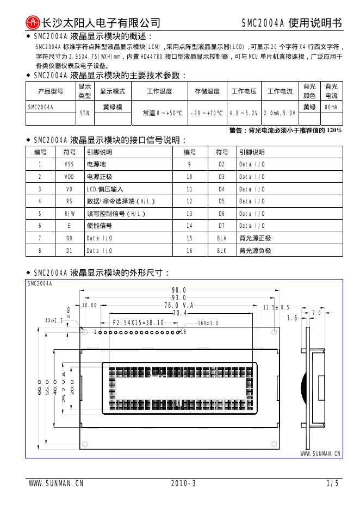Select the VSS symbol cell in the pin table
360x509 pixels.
(x=69, y=164)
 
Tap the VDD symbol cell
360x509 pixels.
(x=69, y=177)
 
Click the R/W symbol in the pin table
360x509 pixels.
(x=69, y=214)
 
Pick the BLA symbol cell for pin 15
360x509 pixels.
(x=221, y=238)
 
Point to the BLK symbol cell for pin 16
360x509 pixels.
(x=221, y=251)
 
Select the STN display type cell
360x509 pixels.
(x=84, y=113)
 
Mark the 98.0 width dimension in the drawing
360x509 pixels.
(x=179, y=290)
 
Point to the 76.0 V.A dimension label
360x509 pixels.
(x=179, y=305)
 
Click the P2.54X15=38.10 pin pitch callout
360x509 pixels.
(x=138, y=323)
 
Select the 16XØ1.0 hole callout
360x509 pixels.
(x=208, y=323)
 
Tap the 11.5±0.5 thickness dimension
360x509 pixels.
(x=277, y=308)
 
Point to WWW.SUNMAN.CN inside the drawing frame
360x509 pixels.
(x=320, y=453)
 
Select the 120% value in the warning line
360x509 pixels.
(x=334, y=131)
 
